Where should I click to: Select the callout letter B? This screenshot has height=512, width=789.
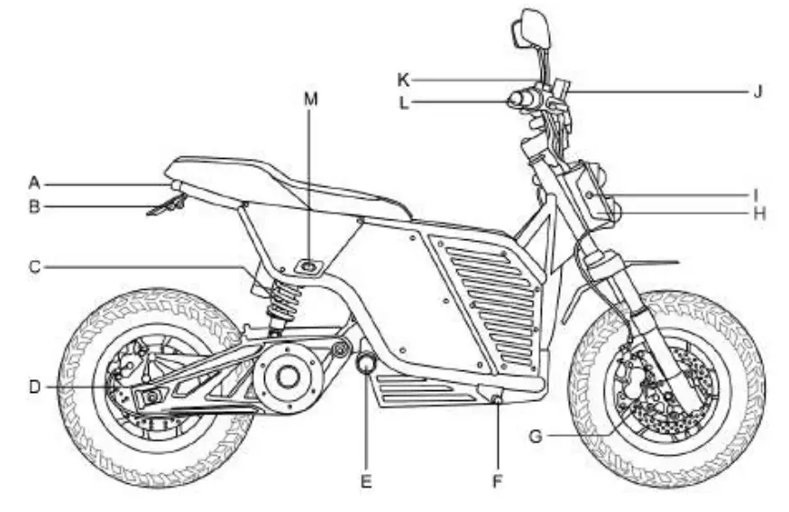(34, 207)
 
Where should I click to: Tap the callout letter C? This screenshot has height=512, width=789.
(34, 266)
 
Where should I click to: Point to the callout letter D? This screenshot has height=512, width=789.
(34, 386)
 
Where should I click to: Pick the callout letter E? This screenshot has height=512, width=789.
(366, 481)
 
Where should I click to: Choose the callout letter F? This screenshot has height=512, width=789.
(497, 481)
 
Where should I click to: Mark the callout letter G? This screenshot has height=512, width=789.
(535, 436)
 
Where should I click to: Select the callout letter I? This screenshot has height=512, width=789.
(757, 192)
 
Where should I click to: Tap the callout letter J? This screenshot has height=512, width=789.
(757, 90)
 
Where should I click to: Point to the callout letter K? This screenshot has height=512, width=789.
(403, 79)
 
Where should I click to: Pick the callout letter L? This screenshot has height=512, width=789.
(403, 103)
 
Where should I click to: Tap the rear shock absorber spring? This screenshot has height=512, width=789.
(281, 303)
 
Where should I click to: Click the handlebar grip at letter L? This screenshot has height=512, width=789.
(520, 98)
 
